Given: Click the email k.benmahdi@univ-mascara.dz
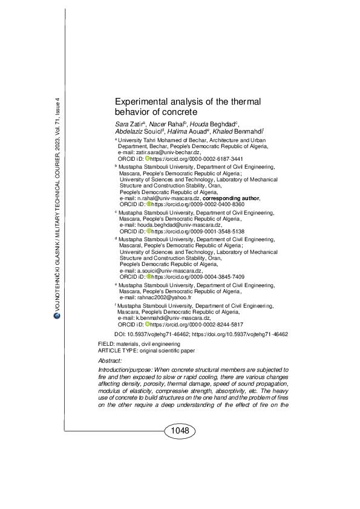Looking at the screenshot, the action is click(172, 318).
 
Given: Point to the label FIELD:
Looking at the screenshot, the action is click(106, 343).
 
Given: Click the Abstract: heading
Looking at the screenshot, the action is click(110, 360).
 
